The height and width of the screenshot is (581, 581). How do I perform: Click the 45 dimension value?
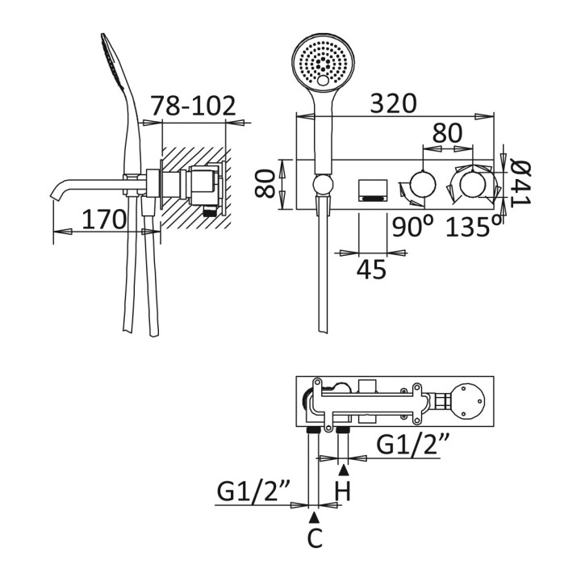tap(372, 270)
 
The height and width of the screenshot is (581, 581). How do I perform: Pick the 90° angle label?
tap(412, 228)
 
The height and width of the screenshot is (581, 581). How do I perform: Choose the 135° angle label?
tap(474, 228)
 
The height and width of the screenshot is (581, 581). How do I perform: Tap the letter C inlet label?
tap(315, 537)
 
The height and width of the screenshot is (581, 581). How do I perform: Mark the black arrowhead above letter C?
tap(315, 514)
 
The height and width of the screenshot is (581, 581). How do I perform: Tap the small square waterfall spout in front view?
tap(372, 189)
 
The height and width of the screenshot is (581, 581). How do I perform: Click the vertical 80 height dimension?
tap(263, 185)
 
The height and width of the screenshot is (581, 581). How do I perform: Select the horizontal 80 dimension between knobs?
tap(448, 132)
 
